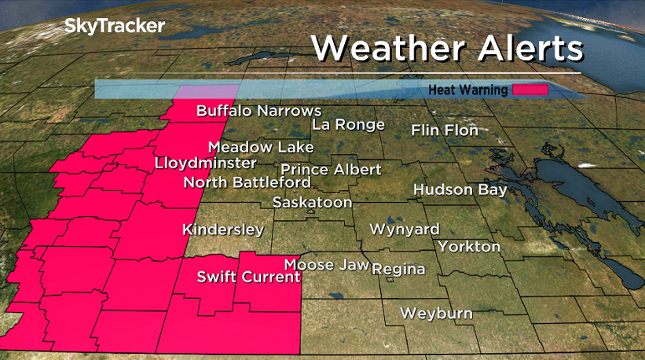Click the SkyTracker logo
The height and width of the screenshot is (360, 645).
point(115,26)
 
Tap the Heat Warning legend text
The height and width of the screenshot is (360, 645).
point(467,90)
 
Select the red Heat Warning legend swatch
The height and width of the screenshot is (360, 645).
point(530,90)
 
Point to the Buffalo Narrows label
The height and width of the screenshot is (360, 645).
point(258,111)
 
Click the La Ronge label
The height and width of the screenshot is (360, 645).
point(348,124)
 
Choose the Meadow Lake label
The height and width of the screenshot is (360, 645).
point(261,147)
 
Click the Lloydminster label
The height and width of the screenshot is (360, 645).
point(206,163)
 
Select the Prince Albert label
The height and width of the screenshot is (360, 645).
point(331,169)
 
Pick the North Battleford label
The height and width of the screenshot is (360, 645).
point(247,182)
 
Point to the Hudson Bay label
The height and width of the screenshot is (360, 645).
point(460,189)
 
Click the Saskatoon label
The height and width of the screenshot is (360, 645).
point(312,202)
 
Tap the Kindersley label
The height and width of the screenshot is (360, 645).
point(223,230)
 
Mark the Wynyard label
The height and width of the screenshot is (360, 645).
point(405,230)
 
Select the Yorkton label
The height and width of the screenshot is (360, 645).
point(469,246)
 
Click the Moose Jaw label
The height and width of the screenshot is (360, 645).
point(326,265)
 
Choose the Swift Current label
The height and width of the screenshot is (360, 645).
point(248,277)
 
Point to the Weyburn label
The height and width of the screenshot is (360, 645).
point(436,313)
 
